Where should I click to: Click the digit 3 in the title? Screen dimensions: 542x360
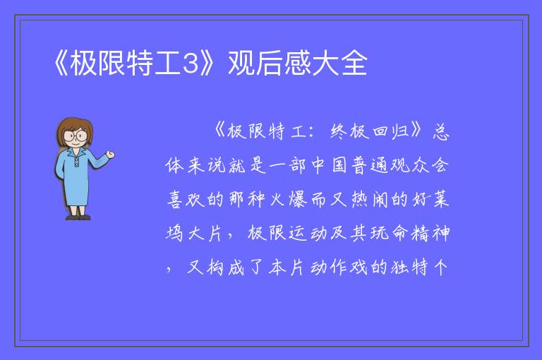coord(190,64)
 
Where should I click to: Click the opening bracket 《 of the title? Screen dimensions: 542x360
coord(61,64)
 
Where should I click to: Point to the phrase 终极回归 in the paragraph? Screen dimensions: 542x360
coord(369,132)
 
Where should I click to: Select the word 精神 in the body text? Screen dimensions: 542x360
coord(430,233)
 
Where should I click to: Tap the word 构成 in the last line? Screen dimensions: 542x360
coord(226,268)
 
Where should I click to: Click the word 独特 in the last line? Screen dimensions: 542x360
coord(410,268)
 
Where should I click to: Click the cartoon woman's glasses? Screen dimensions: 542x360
coord(76,136)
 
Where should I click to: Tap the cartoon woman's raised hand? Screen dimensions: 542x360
coord(110,155)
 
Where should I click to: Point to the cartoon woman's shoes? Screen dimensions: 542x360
coord(78,217)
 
